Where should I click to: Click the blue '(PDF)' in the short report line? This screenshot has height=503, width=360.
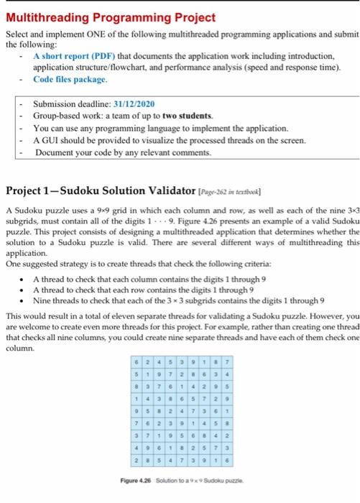88,56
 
